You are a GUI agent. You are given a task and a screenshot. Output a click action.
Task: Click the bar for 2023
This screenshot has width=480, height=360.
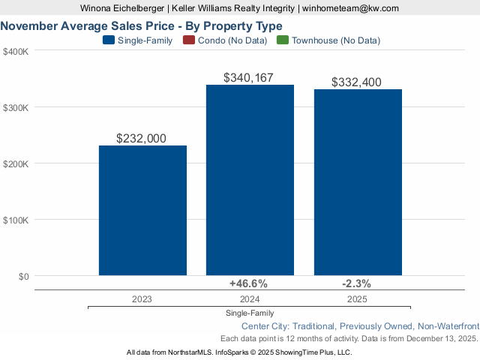click(142, 210)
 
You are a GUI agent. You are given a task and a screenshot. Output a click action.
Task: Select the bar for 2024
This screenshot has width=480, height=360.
click(250, 180)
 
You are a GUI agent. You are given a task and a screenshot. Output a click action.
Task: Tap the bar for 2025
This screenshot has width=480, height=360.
click(358, 182)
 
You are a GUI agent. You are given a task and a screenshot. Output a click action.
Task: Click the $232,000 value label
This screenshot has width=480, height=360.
click(142, 138)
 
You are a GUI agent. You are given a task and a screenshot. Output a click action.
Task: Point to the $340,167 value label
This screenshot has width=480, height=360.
click(250, 77)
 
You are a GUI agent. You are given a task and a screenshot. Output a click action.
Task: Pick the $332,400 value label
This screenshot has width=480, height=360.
click(358, 82)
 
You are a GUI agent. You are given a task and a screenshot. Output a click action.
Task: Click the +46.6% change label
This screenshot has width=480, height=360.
click(247, 283)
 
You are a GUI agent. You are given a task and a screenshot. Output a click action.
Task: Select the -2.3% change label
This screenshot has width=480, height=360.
click(356, 283)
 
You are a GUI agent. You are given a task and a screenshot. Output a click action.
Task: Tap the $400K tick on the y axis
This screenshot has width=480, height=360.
click(16, 52)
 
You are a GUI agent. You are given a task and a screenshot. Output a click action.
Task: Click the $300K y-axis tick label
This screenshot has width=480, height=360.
click(16, 108)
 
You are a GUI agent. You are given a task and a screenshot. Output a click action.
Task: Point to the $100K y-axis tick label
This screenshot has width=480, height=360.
click(16, 220)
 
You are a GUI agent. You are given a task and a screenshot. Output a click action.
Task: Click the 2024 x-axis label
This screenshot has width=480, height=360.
click(249, 298)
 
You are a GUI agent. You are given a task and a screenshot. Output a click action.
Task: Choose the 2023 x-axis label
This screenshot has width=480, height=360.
click(142, 298)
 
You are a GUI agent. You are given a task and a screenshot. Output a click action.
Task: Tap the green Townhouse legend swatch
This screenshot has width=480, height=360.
click(282, 40)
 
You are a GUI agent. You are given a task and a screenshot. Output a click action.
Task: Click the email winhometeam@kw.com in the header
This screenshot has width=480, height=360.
click(350, 8)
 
